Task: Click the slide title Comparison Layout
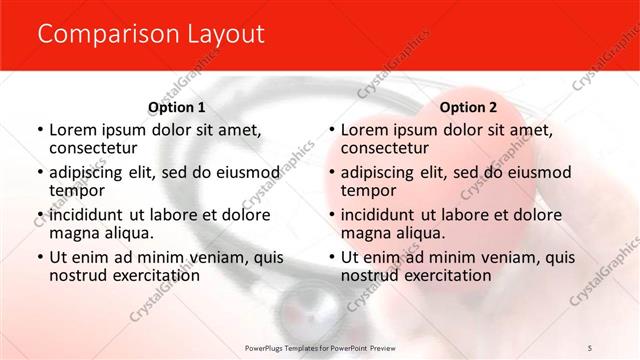[x=151, y=35]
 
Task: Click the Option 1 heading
[x=177, y=107]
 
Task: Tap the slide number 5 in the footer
[x=591, y=347]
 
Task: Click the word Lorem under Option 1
[x=74, y=130]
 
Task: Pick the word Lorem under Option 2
[x=366, y=130]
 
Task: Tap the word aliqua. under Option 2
[x=420, y=234]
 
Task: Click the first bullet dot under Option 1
[x=40, y=131]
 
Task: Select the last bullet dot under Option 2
[x=332, y=258]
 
